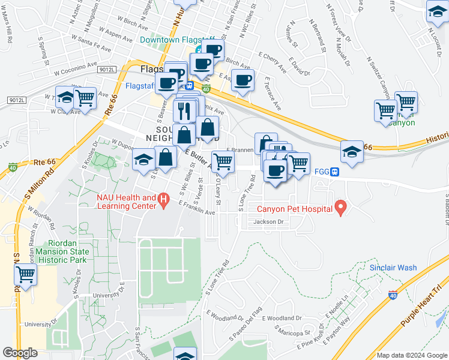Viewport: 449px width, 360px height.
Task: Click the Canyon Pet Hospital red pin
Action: (x=341, y=208)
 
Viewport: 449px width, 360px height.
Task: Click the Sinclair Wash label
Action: (x=393, y=267)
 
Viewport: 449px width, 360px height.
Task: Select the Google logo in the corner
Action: (x=20, y=353)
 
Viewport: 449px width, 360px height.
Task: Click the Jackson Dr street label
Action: (x=268, y=222)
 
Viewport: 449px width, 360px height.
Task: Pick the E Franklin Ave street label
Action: (x=196, y=208)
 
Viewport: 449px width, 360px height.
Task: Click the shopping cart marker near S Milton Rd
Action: (x=25, y=275)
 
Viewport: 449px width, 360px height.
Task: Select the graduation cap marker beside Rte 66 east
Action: (x=352, y=152)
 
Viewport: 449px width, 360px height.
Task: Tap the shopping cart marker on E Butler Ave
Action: (x=223, y=160)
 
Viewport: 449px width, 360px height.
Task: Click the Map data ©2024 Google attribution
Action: (x=412, y=355)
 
